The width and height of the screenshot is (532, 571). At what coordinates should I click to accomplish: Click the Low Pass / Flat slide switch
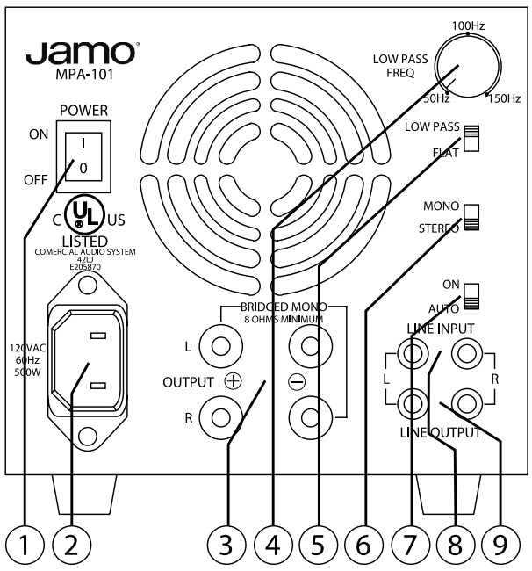(472, 138)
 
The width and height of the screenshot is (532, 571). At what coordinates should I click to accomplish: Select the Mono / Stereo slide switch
(472, 217)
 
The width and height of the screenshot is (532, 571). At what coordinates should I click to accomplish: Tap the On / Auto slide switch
(472, 296)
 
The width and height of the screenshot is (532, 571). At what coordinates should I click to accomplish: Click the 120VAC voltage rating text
(30, 346)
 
